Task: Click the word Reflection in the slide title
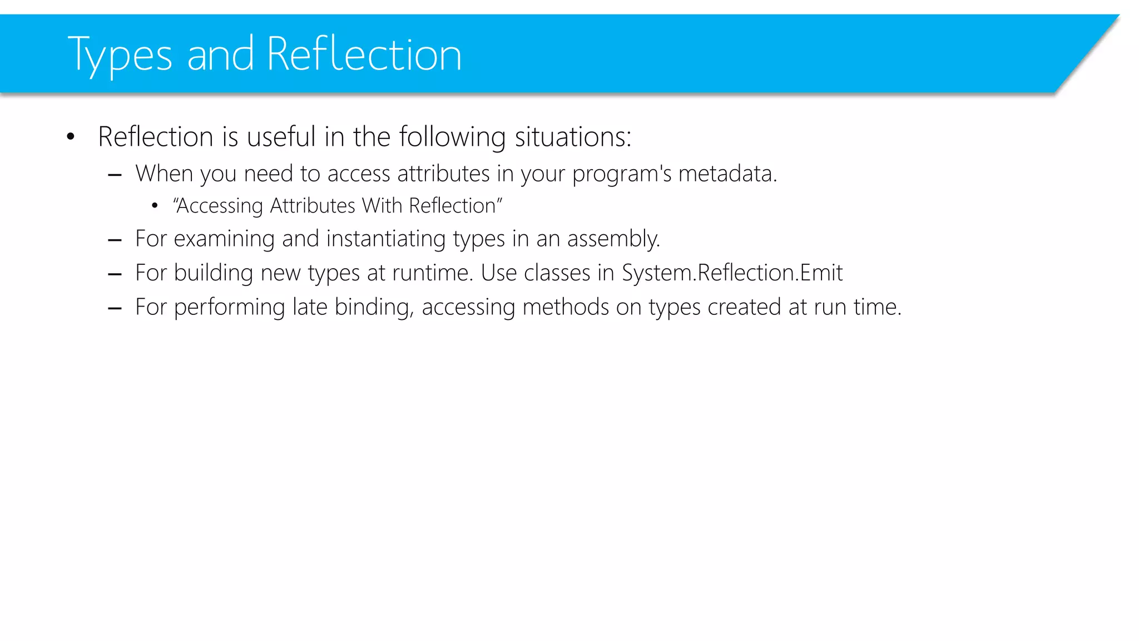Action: point(364,54)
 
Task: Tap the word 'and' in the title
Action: point(220,55)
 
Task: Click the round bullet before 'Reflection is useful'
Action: point(70,137)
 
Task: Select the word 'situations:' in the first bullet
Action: point(573,137)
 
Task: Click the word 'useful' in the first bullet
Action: point(281,137)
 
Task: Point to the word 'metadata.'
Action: point(727,174)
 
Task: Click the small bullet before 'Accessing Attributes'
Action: point(155,206)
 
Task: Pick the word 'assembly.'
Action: point(613,239)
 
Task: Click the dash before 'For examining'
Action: point(115,240)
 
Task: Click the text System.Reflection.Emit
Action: point(732,273)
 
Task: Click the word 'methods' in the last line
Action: point(566,307)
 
